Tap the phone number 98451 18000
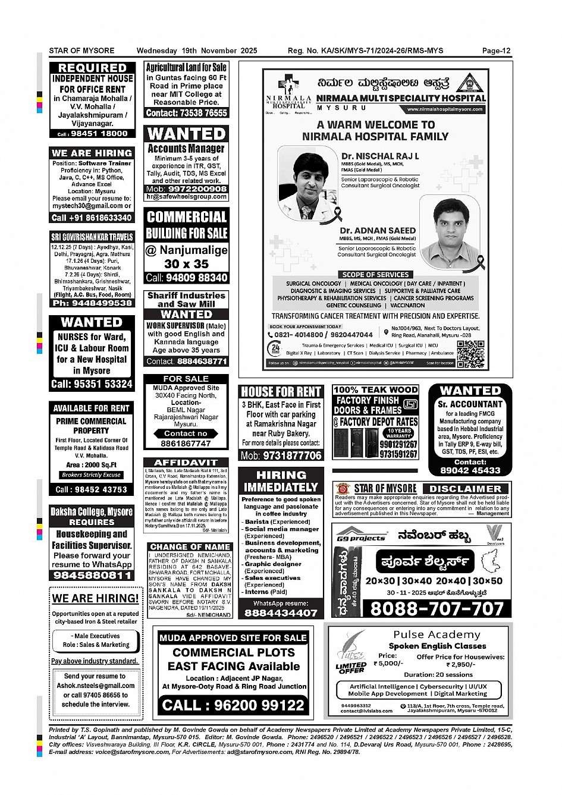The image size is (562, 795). (x=99, y=134)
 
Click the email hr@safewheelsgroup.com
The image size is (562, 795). (x=186, y=197)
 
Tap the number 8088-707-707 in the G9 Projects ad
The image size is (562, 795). (x=437, y=608)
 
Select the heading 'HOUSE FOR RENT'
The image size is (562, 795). (x=281, y=392)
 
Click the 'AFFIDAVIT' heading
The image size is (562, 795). (x=186, y=463)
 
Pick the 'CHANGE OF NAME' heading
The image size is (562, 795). (x=190, y=546)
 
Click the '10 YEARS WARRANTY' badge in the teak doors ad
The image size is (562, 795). (x=399, y=433)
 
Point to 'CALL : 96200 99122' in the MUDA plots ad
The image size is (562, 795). (x=233, y=705)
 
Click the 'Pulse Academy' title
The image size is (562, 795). (x=437, y=635)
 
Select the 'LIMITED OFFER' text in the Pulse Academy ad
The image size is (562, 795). (x=351, y=668)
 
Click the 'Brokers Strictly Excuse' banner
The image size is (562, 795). (x=92, y=475)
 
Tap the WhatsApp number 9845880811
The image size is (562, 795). (x=93, y=575)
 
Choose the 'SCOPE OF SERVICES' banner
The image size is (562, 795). (x=375, y=275)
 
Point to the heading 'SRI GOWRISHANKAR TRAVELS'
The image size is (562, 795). (x=92, y=237)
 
